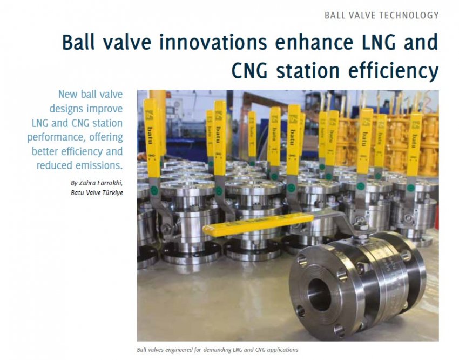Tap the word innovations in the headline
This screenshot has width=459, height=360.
(x=213, y=42)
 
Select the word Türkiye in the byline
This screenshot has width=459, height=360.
(x=112, y=193)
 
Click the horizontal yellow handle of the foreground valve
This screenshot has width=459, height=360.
(x=258, y=225)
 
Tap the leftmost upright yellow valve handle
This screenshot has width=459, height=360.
(x=152, y=138)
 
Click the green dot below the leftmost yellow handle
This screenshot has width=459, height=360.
(x=154, y=191)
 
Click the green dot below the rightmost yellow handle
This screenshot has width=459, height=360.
(x=411, y=188)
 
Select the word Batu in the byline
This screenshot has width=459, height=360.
(x=77, y=193)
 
